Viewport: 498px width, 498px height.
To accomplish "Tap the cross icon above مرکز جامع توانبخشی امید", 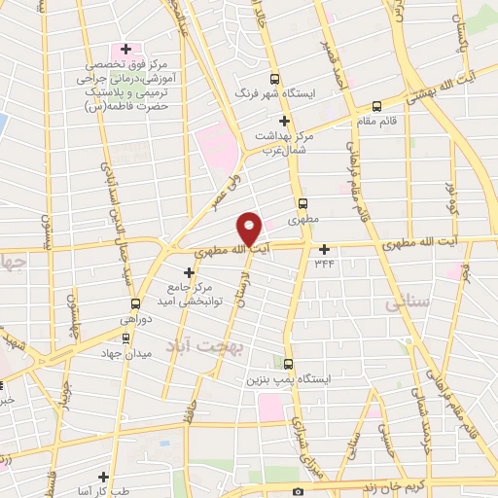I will coord(189,273).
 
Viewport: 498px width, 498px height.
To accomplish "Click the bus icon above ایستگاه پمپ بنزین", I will coord(287,361).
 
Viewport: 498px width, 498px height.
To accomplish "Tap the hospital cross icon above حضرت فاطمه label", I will coord(124,49).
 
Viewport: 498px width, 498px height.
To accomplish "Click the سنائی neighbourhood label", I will coord(407,304).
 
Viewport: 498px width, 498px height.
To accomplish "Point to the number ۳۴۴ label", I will coord(324,264).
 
